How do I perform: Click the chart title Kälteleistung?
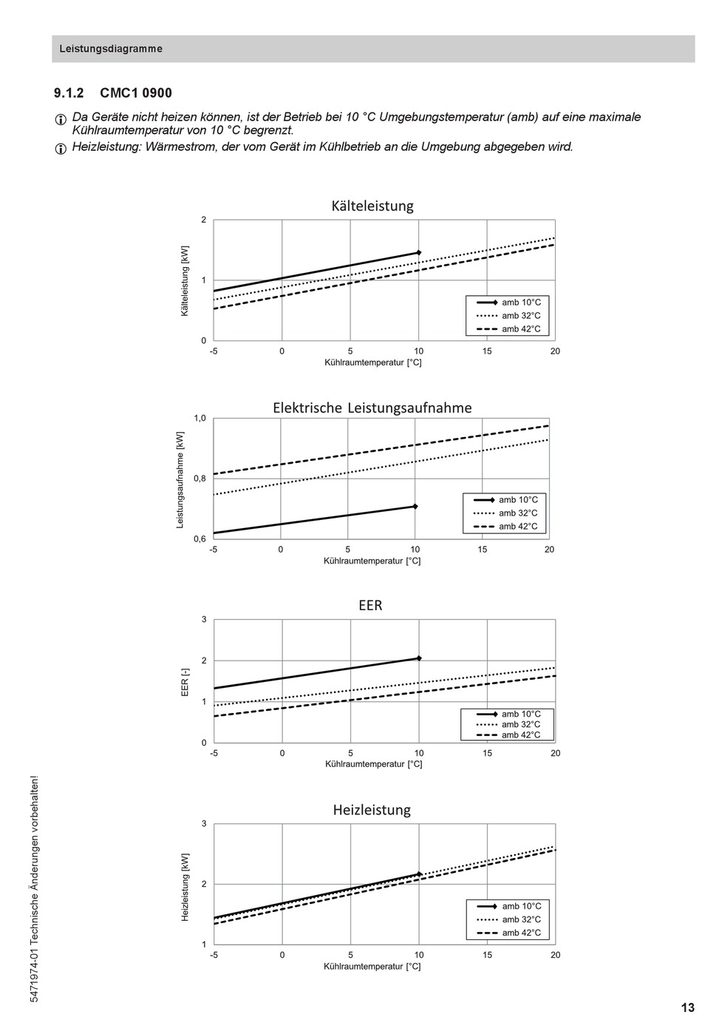pos(372,206)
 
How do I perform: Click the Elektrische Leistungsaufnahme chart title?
pos(372,408)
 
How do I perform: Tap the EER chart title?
pos(370,605)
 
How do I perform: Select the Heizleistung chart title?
pos(372,810)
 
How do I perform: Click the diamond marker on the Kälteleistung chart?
pos(418,253)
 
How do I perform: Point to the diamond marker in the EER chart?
pos(419,658)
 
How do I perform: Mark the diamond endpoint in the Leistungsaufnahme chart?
pos(415,507)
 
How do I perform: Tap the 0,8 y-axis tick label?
pos(200,479)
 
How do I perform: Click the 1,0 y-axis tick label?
pos(200,418)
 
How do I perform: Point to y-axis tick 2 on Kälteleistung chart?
pos(204,220)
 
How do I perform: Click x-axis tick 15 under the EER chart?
pos(487,753)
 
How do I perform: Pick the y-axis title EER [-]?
pos(185,682)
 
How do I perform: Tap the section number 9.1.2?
pos(69,93)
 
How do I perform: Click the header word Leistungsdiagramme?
pos(111,49)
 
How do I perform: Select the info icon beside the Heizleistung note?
pos(60,149)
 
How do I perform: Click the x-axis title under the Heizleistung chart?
pos(372,966)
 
